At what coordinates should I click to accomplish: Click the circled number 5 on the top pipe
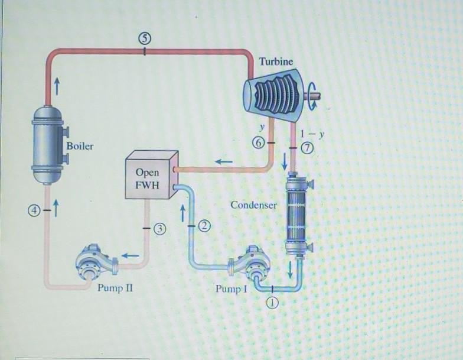click(x=145, y=38)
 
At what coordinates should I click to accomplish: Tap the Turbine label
click(x=276, y=61)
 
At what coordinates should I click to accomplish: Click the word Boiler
click(x=80, y=145)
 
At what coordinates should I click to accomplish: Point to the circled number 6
click(x=256, y=143)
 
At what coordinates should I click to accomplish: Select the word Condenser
click(x=253, y=205)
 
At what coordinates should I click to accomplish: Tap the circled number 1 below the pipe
click(x=272, y=303)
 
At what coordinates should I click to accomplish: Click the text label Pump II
click(x=111, y=289)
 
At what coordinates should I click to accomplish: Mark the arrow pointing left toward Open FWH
click(x=223, y=161)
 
